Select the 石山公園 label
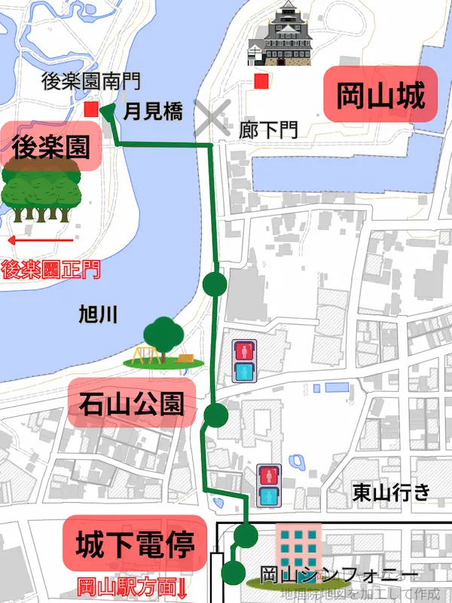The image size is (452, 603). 131,404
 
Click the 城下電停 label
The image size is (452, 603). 133,543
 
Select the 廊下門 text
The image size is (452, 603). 267,129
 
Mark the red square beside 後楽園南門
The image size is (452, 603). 91,110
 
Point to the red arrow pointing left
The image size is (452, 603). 38,240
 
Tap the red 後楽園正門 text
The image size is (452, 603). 50,268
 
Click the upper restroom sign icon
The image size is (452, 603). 243,360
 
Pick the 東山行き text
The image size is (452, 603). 391,492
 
